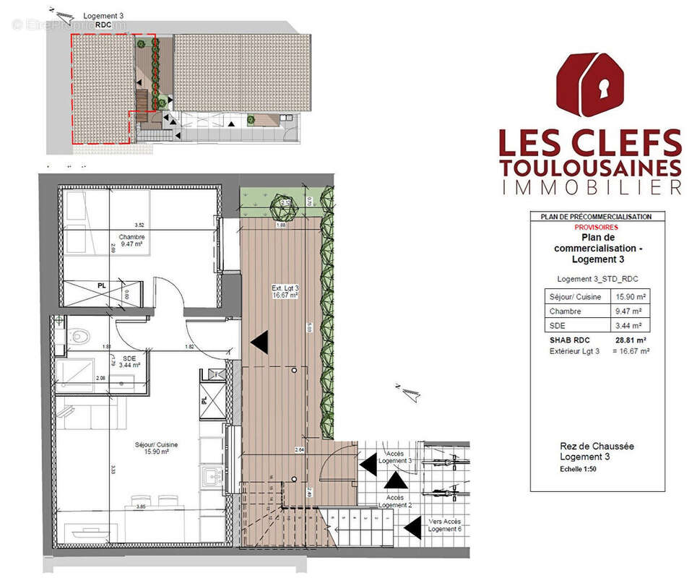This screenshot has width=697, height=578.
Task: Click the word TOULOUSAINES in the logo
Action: click(590, 168)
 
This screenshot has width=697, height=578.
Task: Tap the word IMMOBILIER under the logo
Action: click(590, 188)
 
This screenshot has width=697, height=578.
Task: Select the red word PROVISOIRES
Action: click(597, 226)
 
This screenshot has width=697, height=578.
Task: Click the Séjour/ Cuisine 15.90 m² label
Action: click(147, 448)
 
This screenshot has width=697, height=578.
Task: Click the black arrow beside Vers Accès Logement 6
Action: click(412, 529)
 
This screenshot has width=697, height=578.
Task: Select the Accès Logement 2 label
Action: click(394, 501)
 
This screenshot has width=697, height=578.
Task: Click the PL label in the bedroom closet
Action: click(102, 285)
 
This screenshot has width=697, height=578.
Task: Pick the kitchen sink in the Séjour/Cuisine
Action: click(212, 476)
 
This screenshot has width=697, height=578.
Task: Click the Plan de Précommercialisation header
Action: click(596, 217)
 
